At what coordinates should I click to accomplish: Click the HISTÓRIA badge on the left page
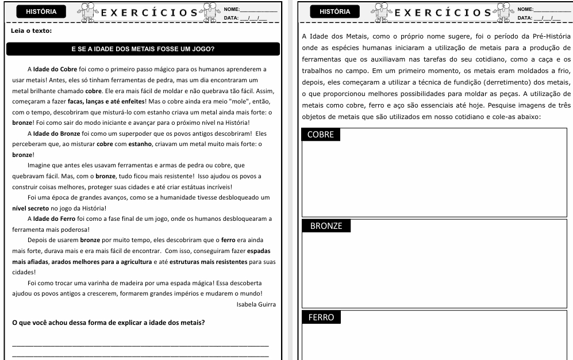[41, 12]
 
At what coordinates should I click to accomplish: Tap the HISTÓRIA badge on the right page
[335, 12]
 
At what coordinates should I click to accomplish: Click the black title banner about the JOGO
[143, 49]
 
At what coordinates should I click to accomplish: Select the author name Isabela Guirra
[256, 304]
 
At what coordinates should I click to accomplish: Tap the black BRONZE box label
[326, 226]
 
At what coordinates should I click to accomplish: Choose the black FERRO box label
[321, 317]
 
